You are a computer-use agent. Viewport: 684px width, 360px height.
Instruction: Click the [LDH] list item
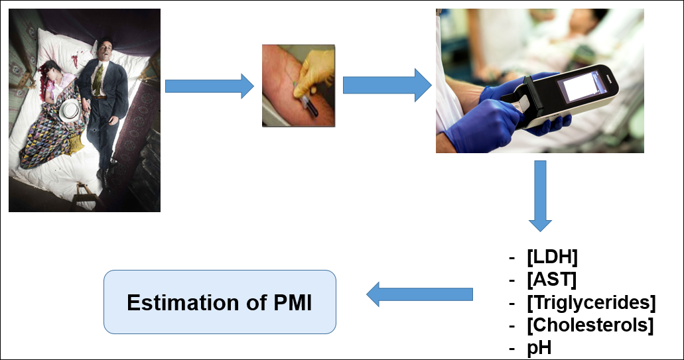click(552, 257)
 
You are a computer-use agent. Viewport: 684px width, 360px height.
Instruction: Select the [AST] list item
click(551, 279)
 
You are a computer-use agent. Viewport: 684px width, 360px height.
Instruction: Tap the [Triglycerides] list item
click(591, 302)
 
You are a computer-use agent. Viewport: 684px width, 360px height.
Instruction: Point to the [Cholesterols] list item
click(590, 325)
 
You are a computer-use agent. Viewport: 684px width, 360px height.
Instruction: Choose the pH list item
click(539, 348)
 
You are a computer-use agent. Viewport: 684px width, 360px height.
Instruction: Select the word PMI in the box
click(293, 302)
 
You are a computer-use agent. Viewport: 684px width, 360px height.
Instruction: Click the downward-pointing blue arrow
click(540, 196)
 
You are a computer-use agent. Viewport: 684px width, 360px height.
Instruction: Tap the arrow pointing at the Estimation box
click(420, 294)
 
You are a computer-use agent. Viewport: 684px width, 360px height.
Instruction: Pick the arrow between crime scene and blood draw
click(210, 86)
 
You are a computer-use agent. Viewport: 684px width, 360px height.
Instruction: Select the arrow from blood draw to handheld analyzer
click(387, 85)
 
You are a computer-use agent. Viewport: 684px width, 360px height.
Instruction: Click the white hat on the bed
click(70, 111)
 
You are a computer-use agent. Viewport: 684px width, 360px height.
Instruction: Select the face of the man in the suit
click(105, 52)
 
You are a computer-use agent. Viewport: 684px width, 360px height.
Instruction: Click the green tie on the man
click(98, 79)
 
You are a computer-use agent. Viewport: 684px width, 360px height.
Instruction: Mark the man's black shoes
click(105, 172)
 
